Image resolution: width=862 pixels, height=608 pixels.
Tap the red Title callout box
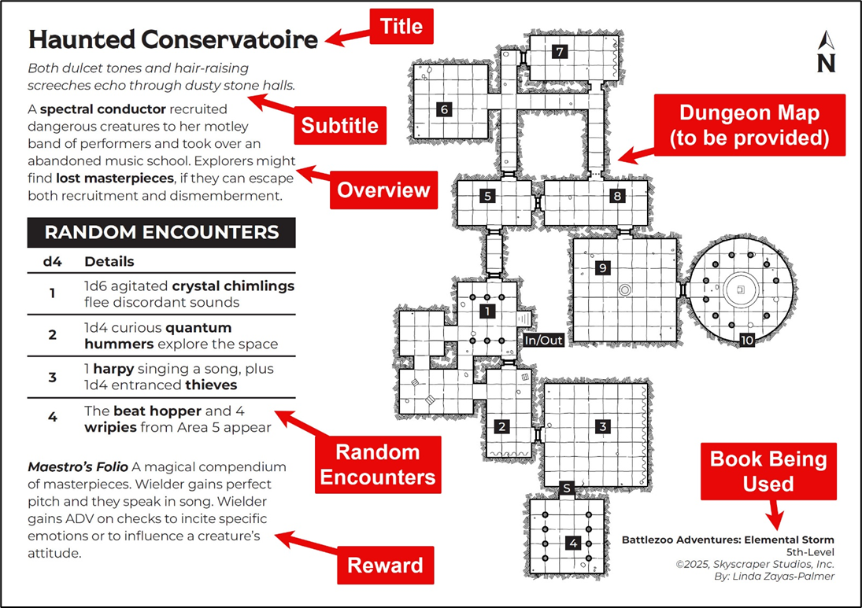click(x=401, y=27)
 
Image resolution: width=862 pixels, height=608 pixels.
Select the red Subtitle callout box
click(x=339, y=125)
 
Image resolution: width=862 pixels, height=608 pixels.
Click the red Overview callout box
click(x=383, y=190)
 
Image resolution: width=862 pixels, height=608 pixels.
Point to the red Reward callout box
click(x=385, y=565)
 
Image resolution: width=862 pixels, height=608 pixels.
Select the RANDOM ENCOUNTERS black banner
click(x=161, y=233)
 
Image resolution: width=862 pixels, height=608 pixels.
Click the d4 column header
click(x=52, y=261)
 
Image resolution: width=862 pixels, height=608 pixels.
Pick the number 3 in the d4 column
click(x=52, y=377)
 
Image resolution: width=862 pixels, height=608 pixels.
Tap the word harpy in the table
click(x=110, y=368)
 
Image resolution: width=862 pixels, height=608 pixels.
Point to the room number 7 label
click(x=559, y=52)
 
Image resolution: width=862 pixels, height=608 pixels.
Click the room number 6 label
click(x=445, y=109)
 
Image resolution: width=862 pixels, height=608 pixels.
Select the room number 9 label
click(x=603, y=268)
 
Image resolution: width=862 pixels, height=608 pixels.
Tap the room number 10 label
click(x=746, y=340)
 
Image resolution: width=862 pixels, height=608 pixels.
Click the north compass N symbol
click(x=826, y=53)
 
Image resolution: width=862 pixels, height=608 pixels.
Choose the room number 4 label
click(x=573, y=542)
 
